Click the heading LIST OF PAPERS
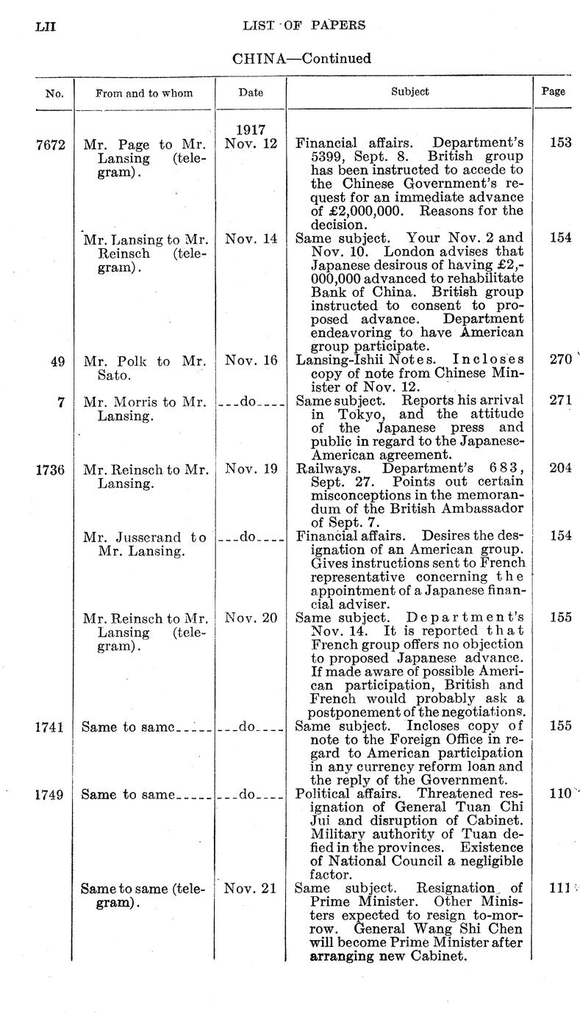pos(304,26)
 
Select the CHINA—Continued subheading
pos(301,58)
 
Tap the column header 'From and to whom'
pos(144,93)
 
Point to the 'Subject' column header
pos(409,92)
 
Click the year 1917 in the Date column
pos(251,129)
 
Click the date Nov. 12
pos(251,143)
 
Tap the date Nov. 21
pos(251,889)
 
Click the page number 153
pos(561,143)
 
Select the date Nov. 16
pos(251,361)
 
